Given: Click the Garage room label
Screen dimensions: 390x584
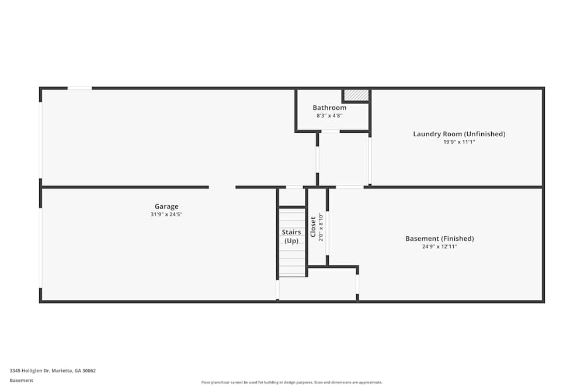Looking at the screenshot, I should click(x=166, y=206).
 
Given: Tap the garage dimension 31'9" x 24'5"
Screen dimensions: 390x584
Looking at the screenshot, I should click(x=166, y=214).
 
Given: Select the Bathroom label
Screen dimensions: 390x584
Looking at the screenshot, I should click(x=329, y=108).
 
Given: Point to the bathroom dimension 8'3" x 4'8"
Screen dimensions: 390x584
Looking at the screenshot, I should click(x=329, y=115).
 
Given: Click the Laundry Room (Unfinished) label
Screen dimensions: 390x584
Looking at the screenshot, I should click(x=459, y=134).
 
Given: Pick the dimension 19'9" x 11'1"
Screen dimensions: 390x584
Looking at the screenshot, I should click(x=459, y=141).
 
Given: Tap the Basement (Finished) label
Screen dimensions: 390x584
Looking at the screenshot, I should click(x=440, y=239).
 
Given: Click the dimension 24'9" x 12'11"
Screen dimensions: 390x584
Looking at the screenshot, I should click(x=440, y=246).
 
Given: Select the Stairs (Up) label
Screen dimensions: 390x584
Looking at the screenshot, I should click(x=291, y=236).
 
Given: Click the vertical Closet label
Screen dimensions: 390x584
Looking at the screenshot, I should click(x=313, y=227).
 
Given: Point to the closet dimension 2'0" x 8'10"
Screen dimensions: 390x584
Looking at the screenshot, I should click(x=321, y=227).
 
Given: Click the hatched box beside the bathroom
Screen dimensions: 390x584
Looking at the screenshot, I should click(x=356, y=95).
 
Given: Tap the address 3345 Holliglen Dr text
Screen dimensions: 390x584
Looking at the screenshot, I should click(x=53, y=370).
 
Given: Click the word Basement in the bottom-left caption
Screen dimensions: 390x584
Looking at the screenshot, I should click(x=22, y=380).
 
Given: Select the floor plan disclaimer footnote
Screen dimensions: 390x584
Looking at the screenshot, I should click(x=292, y=382).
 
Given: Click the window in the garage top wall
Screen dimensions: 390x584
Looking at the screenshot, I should click(x=79, y=88).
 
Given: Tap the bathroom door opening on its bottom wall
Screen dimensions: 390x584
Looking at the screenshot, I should click(x=330, y=131).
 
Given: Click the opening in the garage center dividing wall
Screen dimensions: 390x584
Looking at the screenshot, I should click(x=222, y=187).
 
